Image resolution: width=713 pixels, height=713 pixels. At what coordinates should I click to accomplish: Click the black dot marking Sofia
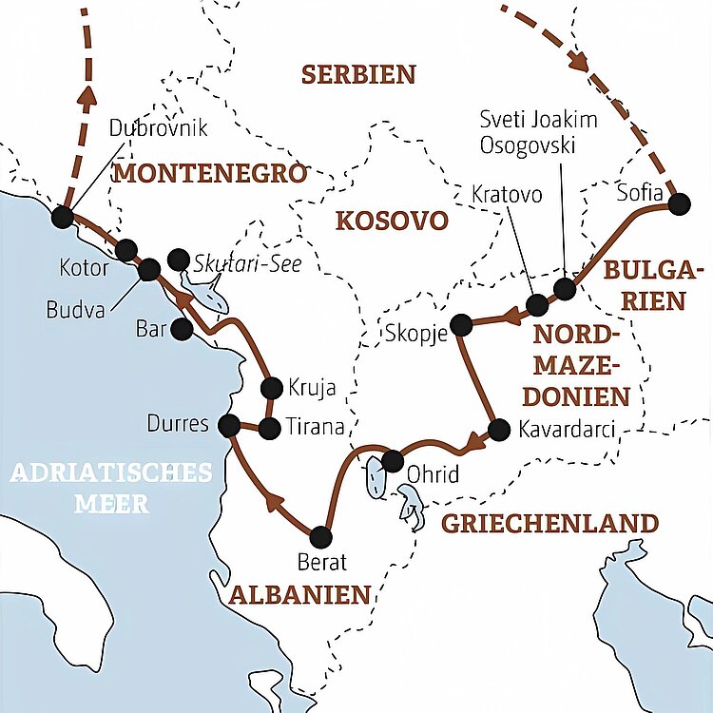(x=679, y=203)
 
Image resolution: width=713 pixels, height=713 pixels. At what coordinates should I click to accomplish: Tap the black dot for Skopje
(x=461, y=325)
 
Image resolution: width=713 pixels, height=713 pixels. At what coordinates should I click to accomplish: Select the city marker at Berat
(x=321, y=537)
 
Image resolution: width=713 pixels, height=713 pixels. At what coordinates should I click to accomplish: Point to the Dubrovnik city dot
(x=63, y=217)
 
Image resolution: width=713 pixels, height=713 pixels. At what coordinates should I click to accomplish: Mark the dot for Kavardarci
(x=495, y=429)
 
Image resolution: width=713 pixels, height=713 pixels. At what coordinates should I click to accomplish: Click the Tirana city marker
(x=270, y=429)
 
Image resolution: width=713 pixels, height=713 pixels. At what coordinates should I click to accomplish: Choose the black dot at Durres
(x=228, y=424)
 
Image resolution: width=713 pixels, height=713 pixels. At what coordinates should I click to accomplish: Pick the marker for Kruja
(x=271, y=388)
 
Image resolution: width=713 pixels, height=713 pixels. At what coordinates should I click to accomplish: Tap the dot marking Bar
(x=180, y=329)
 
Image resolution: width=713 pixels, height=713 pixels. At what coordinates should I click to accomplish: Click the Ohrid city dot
(x=392, y=462)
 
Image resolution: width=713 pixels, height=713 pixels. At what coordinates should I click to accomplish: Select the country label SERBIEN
(x=358, y=74)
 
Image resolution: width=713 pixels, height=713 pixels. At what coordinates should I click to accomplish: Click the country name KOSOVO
(x=391, y=222)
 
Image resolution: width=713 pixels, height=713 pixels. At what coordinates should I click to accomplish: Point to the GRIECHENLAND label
(x=549, y=523)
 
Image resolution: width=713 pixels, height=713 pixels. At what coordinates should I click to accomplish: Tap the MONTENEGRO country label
(x=210, y=173)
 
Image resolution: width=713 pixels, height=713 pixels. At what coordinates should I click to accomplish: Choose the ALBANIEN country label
(x=299, y=595)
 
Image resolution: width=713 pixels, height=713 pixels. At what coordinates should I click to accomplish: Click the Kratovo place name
(x=507, y=194)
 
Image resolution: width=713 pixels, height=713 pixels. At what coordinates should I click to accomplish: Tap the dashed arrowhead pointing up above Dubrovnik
(x=87, y=94)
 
